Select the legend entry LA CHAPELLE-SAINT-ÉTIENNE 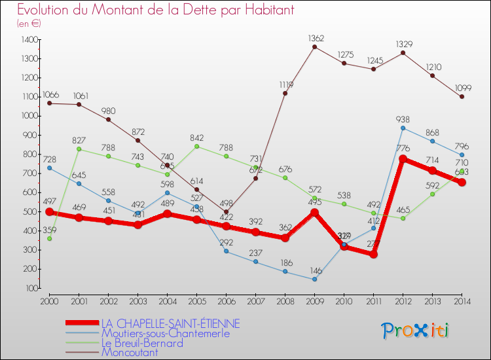pyautogui.click(x=170, y=323)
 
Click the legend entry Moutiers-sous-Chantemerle pyautogui.click(x=166, y=333)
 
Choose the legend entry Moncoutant pyautogui.click(x=130, y=352)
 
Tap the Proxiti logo pyautogui.click(x=416, y=330)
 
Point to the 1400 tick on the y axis pyautogui.click(x=29, y=40)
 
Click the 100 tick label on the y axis pyautogui.click(x=31, y=288)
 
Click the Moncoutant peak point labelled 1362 pyautogui.click(x=314, y=46)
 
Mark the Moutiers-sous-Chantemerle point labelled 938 pyautogui.click(x=403, y=128)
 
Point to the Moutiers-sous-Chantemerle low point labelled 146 pyautogui.click(x=314, y=279)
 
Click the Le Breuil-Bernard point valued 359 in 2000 pyautogui.click(x=49, y=238)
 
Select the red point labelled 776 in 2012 pyautogui.click(x=403, y=159)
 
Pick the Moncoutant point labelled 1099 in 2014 pyautogui.click(x=462, y=97)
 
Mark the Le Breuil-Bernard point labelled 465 pyautogui.click(x=403, y=218)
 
